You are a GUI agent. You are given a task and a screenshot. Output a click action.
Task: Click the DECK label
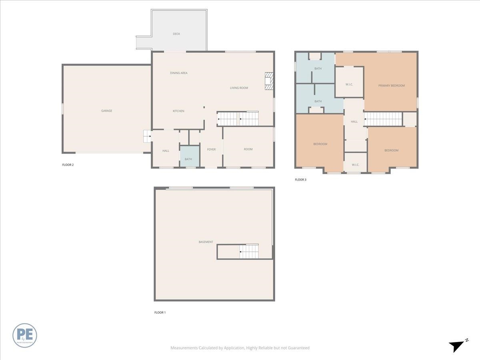tap(176, 34)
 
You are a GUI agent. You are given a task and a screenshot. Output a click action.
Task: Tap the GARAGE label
tap(106, 111)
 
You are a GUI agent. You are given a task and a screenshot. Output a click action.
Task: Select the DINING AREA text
tap(179, 73)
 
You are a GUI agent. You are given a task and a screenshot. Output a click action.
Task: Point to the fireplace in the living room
tap(269, 81)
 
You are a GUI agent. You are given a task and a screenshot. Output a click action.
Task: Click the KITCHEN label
tap(178, 111)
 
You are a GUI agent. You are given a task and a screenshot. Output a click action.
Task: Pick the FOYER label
tap(211, 150)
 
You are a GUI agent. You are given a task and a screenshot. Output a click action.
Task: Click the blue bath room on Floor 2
tap(189, 156)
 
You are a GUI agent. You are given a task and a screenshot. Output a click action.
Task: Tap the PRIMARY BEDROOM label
tap(392, 86)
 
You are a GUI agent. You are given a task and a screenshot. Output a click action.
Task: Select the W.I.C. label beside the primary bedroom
tap(349, 84)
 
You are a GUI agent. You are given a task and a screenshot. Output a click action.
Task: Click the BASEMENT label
tap(206, 242)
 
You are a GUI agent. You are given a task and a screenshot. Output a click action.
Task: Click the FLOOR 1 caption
tap(160, 312)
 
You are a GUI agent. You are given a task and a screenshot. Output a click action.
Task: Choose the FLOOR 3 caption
tap(300, 180)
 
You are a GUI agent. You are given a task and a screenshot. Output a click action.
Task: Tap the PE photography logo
tap(25, 335)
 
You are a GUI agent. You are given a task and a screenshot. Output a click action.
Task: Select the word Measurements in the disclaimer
tap(184, 348)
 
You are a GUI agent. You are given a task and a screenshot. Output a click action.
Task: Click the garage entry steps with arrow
tap(148, 136)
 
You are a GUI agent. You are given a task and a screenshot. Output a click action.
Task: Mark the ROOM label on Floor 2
tap(248, 149)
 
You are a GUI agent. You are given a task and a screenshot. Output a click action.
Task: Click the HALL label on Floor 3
tap(354, 122)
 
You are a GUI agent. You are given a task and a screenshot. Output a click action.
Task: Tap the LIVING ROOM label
tap(239, 88)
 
